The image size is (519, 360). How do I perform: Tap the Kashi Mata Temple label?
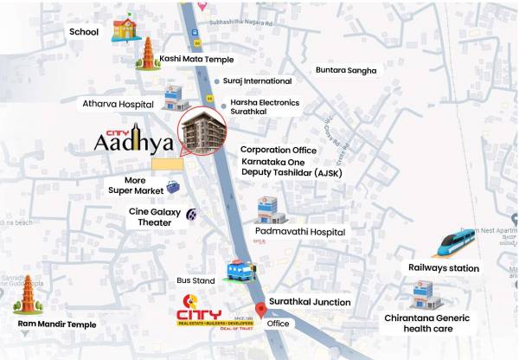coord(196,59)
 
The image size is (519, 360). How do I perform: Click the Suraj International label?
coord(257,80)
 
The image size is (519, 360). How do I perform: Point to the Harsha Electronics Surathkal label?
coord(265,107)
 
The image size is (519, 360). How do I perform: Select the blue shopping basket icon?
coord(173,187)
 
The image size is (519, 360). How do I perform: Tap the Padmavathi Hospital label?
coord(299,232)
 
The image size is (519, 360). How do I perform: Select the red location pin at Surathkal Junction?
coord(261,311)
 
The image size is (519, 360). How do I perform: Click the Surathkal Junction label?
coord(309,302)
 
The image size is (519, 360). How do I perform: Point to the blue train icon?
coord(457,243)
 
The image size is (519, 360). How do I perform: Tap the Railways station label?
coord(443,268)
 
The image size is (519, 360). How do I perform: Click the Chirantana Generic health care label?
coord(427,324)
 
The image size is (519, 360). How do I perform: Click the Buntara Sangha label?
coord(346,69)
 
